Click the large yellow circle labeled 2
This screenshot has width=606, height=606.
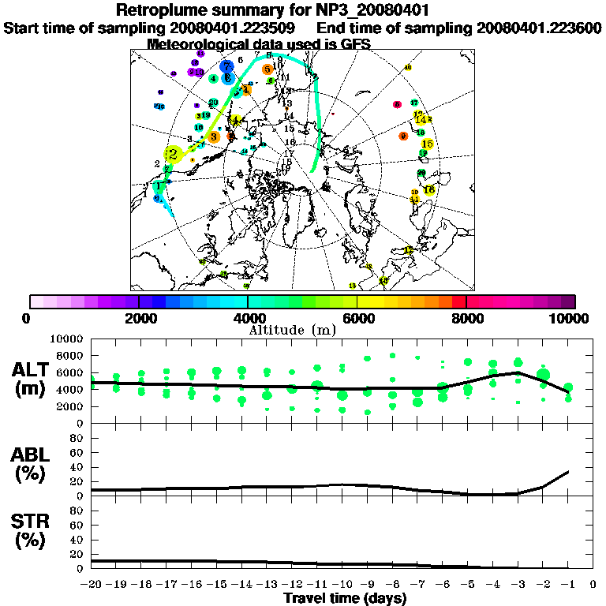click(173, 155)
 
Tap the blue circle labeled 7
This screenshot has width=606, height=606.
click(227, 67)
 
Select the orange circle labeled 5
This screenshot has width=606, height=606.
click(267, 69)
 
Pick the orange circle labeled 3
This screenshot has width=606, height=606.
click(213, 137)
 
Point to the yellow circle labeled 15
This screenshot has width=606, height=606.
click(428, 144)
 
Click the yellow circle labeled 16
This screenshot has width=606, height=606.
click(429, 190)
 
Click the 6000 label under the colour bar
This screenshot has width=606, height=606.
click(357, 318)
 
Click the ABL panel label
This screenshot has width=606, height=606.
click(31, 464)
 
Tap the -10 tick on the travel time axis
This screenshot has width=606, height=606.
click(342, 584)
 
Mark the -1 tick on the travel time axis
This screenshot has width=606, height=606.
click(567, 584)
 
